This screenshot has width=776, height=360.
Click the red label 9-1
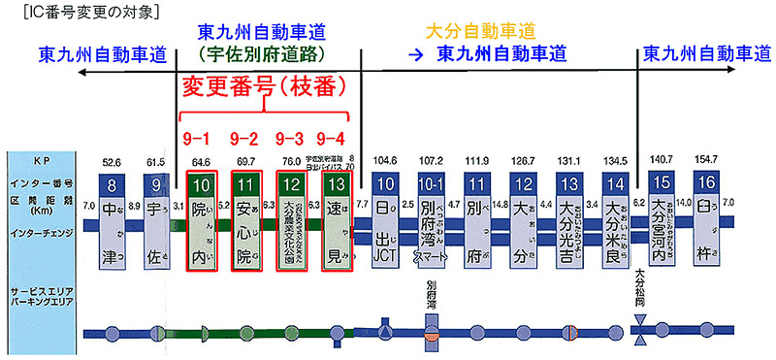[x=200, y=137]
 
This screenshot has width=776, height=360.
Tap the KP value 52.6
[x=114, y=162]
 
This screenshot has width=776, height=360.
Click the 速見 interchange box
[x=333, y=231]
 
